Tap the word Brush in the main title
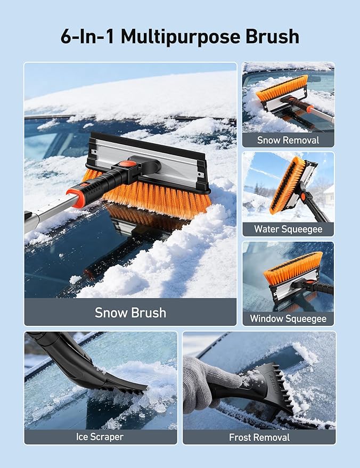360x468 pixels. coord(272,36)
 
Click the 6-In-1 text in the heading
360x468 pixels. coord(87,36)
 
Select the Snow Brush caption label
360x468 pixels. coord(130,313)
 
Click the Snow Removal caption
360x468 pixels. coord(288,140)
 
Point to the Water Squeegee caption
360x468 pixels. coord(288,229)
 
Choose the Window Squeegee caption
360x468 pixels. coord(288,318)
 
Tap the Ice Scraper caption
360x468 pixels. coord(100,437)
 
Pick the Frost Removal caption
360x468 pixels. coord(259,437)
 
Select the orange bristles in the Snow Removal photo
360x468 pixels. coord(282,88)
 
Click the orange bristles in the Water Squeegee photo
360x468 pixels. coord(287,185)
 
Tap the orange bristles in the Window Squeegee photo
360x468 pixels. coord(293,268)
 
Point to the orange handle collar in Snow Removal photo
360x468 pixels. coord(310,109)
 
